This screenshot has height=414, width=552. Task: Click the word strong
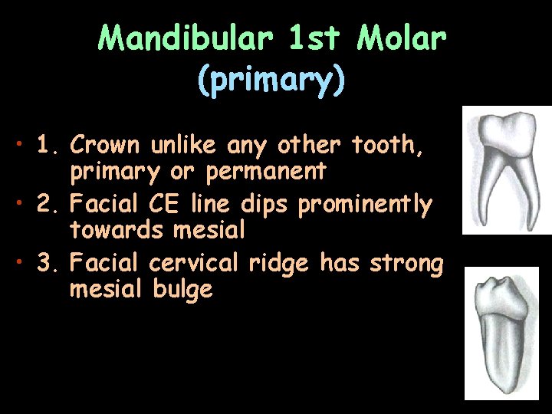[406, 264]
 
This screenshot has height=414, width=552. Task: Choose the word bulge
[183, 289]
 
